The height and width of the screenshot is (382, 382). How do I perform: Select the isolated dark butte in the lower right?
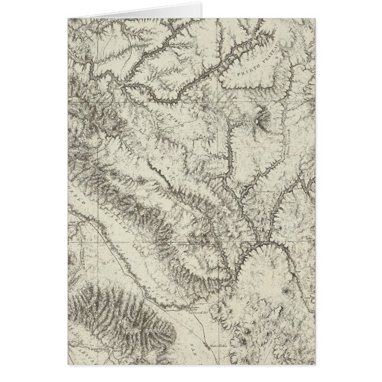tap(288, 292)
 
